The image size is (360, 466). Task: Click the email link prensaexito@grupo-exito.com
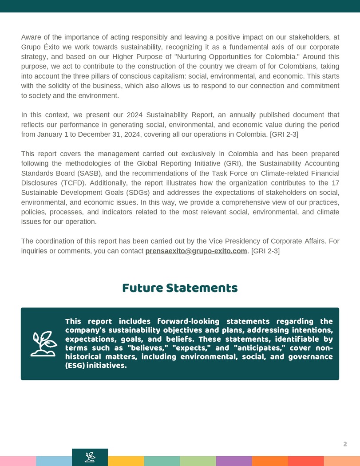coord(196,251)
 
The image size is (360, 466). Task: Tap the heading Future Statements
coord(180,288)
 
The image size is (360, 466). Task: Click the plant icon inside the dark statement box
coord(44,344)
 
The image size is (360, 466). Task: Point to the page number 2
coord(345,444)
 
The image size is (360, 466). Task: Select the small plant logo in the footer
coord(90,457)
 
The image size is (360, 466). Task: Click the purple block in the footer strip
coord(234,461)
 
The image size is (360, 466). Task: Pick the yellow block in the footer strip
coord(126,461)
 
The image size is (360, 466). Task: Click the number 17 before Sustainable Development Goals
coord(335,183)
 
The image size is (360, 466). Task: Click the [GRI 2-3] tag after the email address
coord(265,251)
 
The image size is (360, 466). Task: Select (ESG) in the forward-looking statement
coord(75,366)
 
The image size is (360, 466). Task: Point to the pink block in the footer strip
coord(18,461)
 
